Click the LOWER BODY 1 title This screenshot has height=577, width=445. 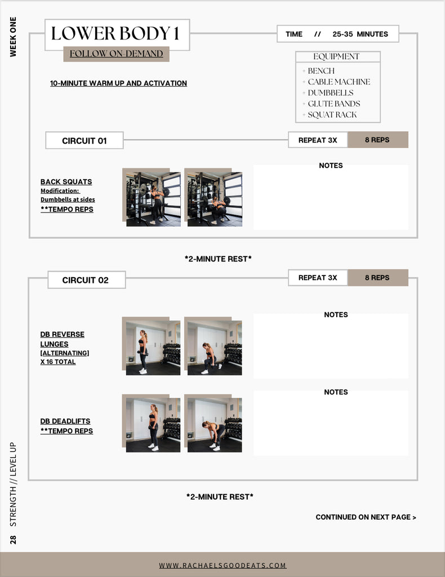[x=115, y=33]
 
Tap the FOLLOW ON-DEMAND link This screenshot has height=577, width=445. [x=116, y=54]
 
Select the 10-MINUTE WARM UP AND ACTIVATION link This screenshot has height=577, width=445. [x=118, y=83]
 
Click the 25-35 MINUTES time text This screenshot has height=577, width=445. [x=360, y=34]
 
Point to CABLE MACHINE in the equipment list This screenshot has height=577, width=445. [x=339, y=82]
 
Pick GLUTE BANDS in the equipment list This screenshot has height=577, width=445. [x=333, y=104]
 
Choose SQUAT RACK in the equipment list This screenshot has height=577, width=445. [x=332, y=115]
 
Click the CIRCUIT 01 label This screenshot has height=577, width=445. [x=84, y=140]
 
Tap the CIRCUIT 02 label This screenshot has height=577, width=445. [x=85, y=280]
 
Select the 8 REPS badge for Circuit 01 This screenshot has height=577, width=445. [x=377, y=140]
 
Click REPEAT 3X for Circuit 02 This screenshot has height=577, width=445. [x=318, y=277]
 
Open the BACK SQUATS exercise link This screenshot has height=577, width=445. [x=66, y=182]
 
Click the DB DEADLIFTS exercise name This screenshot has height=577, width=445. [x=65, y=421]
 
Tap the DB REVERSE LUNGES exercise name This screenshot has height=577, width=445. [x=62, y=339]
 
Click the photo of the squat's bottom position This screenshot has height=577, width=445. [x=215, y=199]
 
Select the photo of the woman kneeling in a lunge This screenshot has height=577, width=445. [x=215, y=348]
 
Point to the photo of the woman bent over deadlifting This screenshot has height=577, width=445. [x=215, y=425]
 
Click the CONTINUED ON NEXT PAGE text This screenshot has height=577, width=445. [x=366, y=517]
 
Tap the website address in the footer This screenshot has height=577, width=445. [x=222, y=565]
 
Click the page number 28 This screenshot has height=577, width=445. [x=14, y=540]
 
